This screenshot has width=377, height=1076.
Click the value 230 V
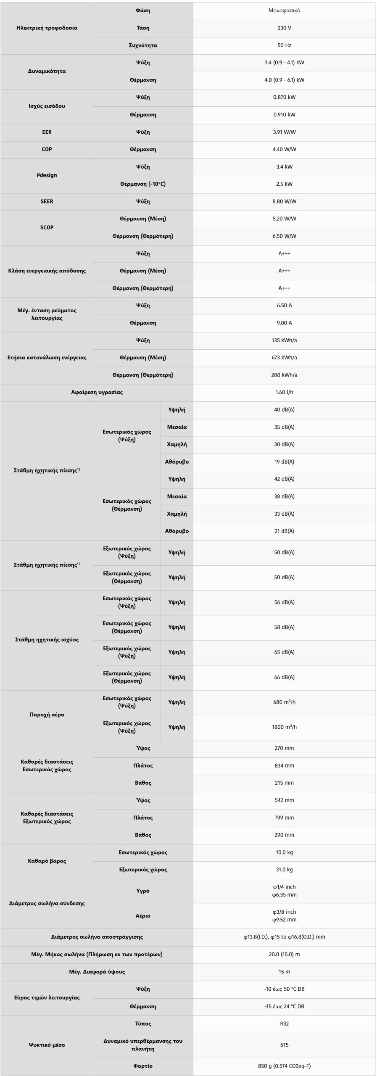coord(284,28)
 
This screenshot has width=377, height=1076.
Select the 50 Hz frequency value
coord(284,45)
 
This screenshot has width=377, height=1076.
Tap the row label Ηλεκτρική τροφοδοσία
coord(47,28)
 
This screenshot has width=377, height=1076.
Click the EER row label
coord(47,132)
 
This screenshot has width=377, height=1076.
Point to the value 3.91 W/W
coord(284,132)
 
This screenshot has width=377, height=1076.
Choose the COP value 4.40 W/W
coord(284,149)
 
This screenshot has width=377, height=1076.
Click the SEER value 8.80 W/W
coord(284,201)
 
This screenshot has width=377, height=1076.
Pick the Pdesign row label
coord(47,175)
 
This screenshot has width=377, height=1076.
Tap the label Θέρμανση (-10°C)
coord(143,184)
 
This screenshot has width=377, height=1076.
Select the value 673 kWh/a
coord(284,358)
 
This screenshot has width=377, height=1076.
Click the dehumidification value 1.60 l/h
coord(284,392)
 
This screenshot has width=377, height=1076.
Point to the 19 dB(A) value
coord(284,462)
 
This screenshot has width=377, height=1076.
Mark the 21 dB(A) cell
coord(284,531)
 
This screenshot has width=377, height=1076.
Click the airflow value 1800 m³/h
coord(284,727)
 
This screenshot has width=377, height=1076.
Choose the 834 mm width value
coord(284,766)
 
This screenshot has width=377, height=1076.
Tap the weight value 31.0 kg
coord(284,870)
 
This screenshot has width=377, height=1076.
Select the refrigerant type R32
coord(284,1023)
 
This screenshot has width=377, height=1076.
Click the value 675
coord(284,1045)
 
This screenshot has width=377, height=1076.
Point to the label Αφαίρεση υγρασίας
coord(97,392)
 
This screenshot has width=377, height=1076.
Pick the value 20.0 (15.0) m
coord(284,954)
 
